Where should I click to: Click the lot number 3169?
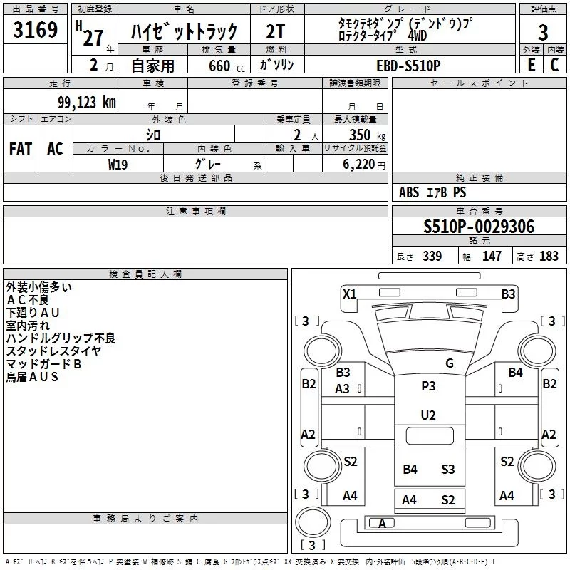click(x=36, y=31)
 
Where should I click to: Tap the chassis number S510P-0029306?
click(x=479, y=227)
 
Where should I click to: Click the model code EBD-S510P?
click(x=408, y=65)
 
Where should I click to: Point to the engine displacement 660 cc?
click(x=219, y=66)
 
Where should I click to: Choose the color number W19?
click(x=118, y=163)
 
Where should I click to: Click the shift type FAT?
click(x=20, y=149)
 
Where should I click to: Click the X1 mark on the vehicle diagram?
click(x=349, y=294)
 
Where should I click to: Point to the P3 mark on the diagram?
click(x=428, y=385)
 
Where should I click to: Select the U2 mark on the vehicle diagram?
click(x=428, y=415)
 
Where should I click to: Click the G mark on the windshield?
click(x=449, y=363)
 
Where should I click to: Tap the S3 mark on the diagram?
click(x=447, y=469)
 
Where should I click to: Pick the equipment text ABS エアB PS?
click(x=433, y=192)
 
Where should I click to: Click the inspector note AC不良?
click(x=28, y=300)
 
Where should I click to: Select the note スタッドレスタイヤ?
click(x=53, y=351)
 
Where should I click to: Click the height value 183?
click(x=549, y=256)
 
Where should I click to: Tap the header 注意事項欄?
click(x=196, y=212)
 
